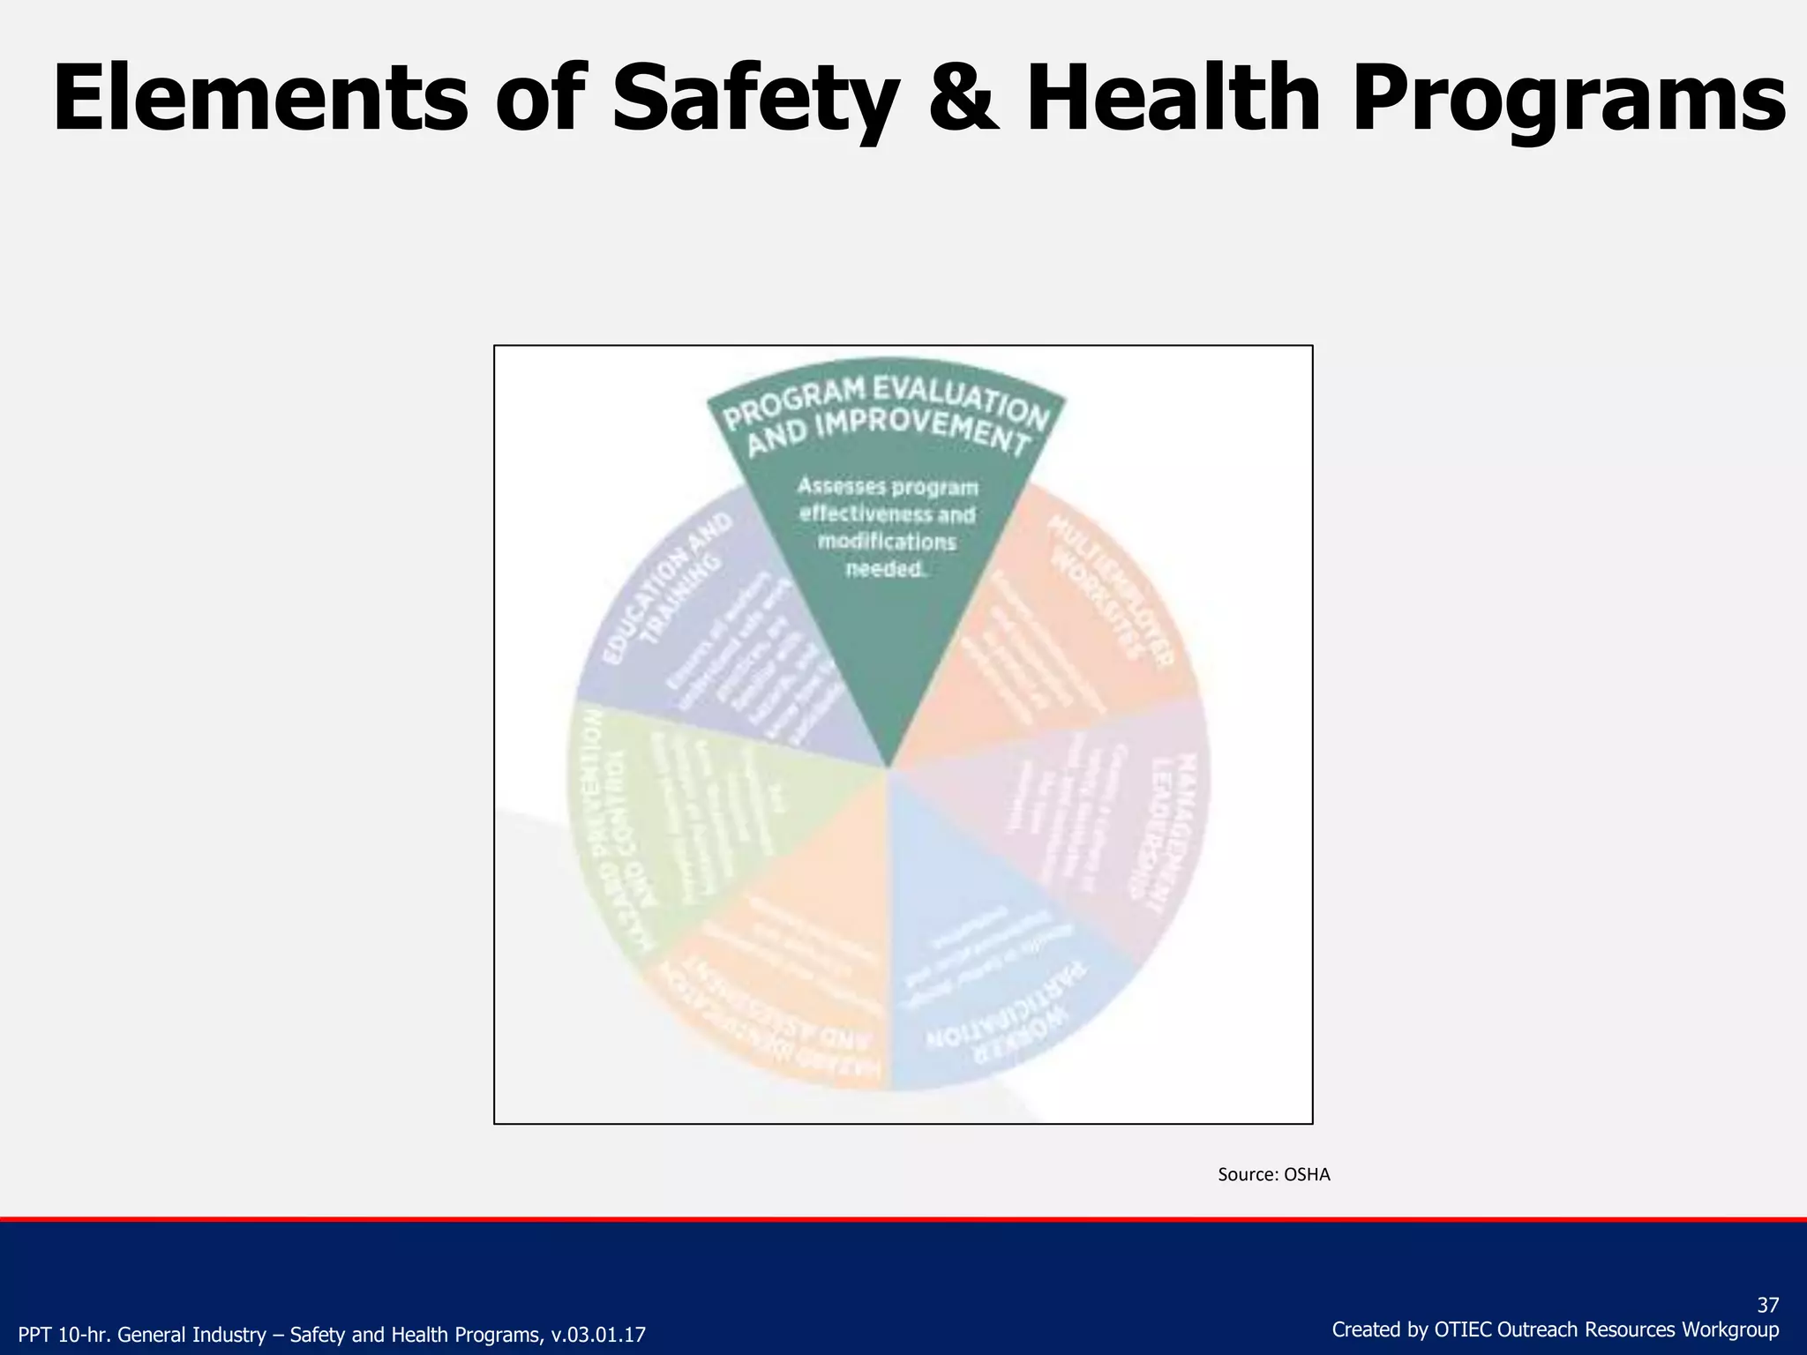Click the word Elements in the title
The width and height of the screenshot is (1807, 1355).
click(259, 99)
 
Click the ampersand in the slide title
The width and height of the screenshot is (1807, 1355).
click(956, 99)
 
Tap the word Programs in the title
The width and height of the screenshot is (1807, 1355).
click(1557, 99)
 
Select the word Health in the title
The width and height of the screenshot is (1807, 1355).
click(1173, 99)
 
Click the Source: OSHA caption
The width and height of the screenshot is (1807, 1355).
click(1273, 1175)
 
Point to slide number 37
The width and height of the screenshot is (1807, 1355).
click(1767, 1306)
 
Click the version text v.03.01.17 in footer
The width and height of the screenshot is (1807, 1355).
click(597, 1335)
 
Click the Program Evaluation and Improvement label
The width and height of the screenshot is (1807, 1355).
click(886, 415)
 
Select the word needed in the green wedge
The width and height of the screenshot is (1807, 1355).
click(886, 569)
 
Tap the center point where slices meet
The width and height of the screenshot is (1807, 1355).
click(889, 767)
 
